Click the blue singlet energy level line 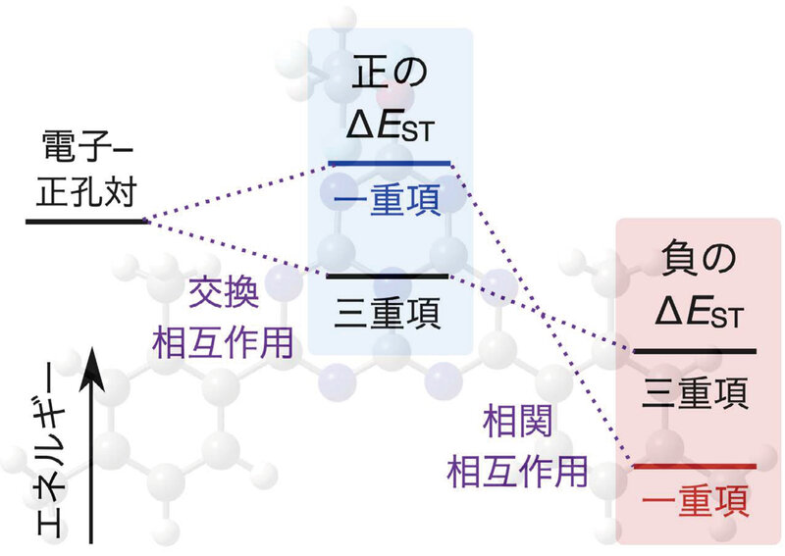[390, 163]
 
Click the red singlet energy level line [696, 465]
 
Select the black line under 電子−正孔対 [85, 222]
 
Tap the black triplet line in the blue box [390, 277]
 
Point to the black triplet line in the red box [696, 350]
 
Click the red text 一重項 [696, 502]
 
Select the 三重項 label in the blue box [390, 314]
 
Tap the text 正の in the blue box [391, 73]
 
